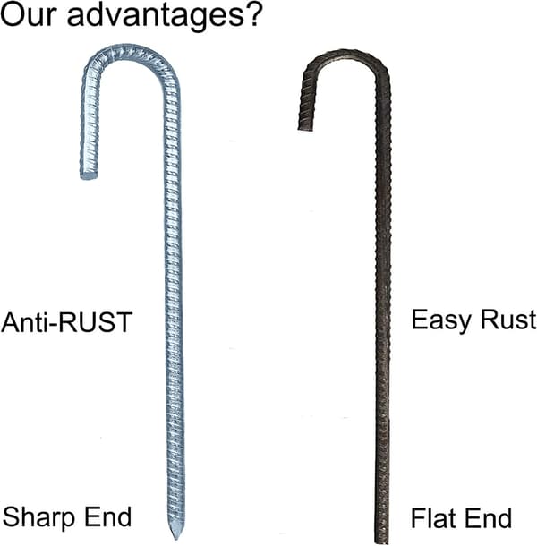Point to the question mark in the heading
coord(252,13)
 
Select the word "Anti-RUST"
coord(66,322)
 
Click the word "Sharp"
coord(38,518)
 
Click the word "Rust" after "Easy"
coord(508,320)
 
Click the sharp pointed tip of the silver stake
coord(176,539)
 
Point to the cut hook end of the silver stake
coord(89,176)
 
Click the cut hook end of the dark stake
coord(305,128)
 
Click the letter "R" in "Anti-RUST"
coord(66,322)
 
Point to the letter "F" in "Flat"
coord(418,518)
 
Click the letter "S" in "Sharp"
coord(11,516)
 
